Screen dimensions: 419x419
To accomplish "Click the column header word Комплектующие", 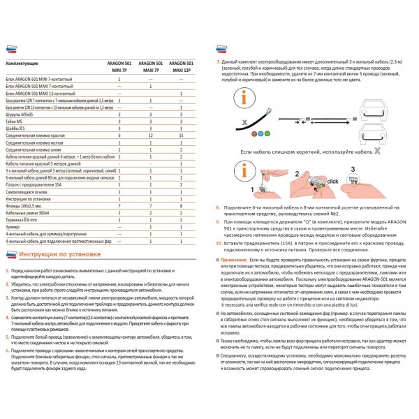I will [22, 64].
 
